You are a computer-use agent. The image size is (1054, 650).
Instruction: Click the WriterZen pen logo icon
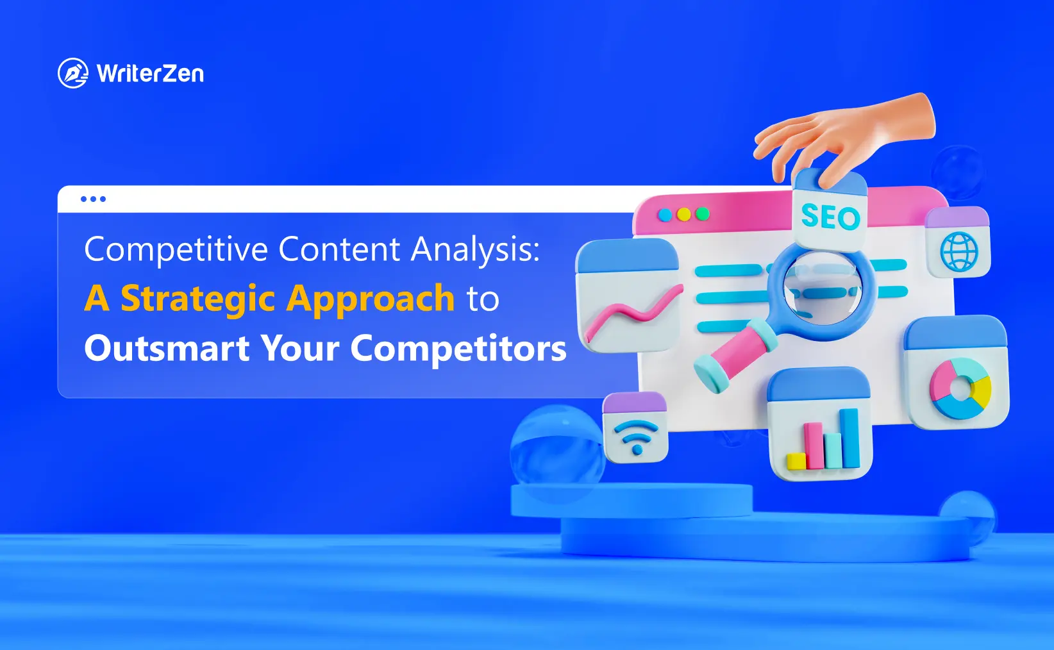(x=72, y=73)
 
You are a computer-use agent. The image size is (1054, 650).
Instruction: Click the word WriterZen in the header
(x=151, y=74)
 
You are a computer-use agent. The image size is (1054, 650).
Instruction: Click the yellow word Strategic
(x=198, y=299)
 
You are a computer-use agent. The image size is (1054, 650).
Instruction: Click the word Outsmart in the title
(x=167, y=349)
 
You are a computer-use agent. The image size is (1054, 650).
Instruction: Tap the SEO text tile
(x=830, y=217)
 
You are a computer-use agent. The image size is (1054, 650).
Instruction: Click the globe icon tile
(x=958, y=251)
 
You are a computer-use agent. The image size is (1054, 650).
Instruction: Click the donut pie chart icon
(x=960, y=388)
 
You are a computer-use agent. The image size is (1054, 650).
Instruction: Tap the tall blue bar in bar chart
(x=850, y=438)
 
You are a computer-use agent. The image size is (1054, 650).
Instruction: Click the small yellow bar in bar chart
(x=796, y=460)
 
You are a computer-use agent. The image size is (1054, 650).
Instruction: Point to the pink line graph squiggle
(x=632, y=314)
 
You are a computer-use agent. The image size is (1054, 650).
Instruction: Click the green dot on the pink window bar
(x=703, y=214)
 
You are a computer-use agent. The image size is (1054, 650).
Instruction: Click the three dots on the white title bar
(x=93, y=199)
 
